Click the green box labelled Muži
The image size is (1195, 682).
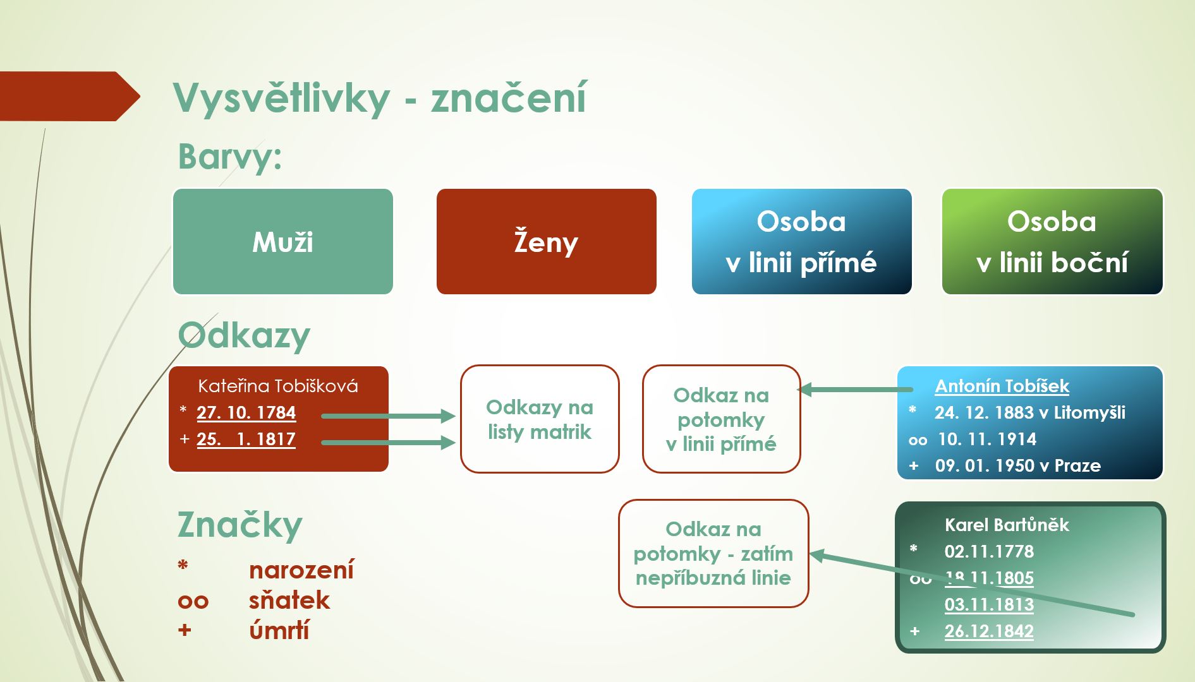pos(283,241)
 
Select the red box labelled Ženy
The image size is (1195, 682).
pos(547,241)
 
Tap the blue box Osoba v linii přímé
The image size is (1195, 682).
pos(802,241)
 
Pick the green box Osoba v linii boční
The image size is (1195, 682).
pos(1052,241)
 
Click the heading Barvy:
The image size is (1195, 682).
pos(230,157)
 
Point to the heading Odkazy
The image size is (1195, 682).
pos(244,335)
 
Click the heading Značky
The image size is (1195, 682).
pos(240,525)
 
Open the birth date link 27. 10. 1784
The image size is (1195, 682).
pos(246,412)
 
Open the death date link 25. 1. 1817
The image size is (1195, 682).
pos(246,439)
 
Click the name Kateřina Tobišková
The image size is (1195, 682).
pos(278,386)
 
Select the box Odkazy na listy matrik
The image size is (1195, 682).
pos(540,419)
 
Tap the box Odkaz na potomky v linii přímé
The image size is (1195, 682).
pos(722,419)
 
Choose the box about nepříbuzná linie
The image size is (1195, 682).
pos(713,553)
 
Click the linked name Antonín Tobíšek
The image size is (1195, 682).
pos(1002,386)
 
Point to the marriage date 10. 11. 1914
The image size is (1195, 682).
pos(987,439)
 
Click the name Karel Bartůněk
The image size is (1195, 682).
pos(1007,525)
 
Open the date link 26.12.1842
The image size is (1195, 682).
pos(989,631)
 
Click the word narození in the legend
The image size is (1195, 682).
pos(301,570)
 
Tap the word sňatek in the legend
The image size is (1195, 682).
pos(289,600)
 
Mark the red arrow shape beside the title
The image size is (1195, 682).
pos(70,96)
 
